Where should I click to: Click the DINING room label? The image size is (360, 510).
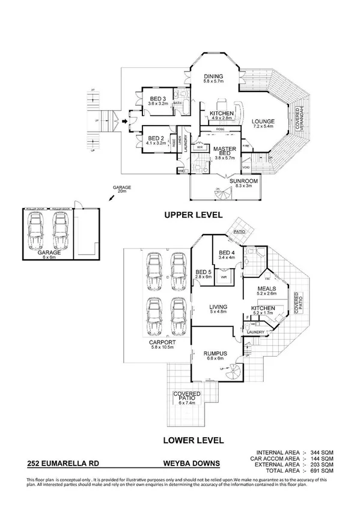tap(213, 76)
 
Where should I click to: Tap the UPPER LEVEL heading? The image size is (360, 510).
tap(194, 214)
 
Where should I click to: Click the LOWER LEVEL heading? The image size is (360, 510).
tap(194, 440)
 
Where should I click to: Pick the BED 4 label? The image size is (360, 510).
tap(227, 253)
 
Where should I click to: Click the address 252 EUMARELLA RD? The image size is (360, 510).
tap(63, 464)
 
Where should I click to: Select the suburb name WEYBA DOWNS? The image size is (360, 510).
tap(192, 464)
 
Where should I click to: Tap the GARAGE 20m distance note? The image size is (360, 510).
tap(123, 188)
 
